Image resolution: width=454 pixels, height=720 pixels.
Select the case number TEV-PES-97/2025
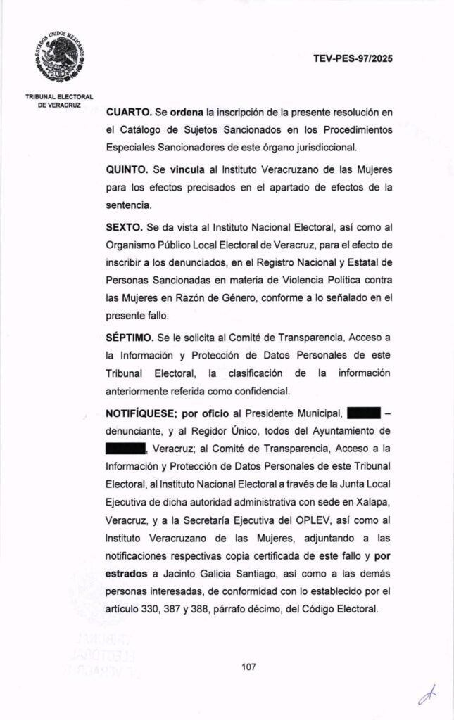pos(353,59)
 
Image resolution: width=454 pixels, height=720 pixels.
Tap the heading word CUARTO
pos(127,112)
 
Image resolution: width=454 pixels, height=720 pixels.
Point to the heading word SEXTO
pos(123,230)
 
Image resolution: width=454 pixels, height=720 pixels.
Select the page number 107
pos(248,667)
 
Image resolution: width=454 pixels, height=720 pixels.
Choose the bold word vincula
pos(186,172)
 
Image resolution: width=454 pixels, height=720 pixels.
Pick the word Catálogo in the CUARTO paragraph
pos(143,130)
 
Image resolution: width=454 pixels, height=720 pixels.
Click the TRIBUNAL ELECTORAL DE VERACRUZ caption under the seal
pos(59,100)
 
